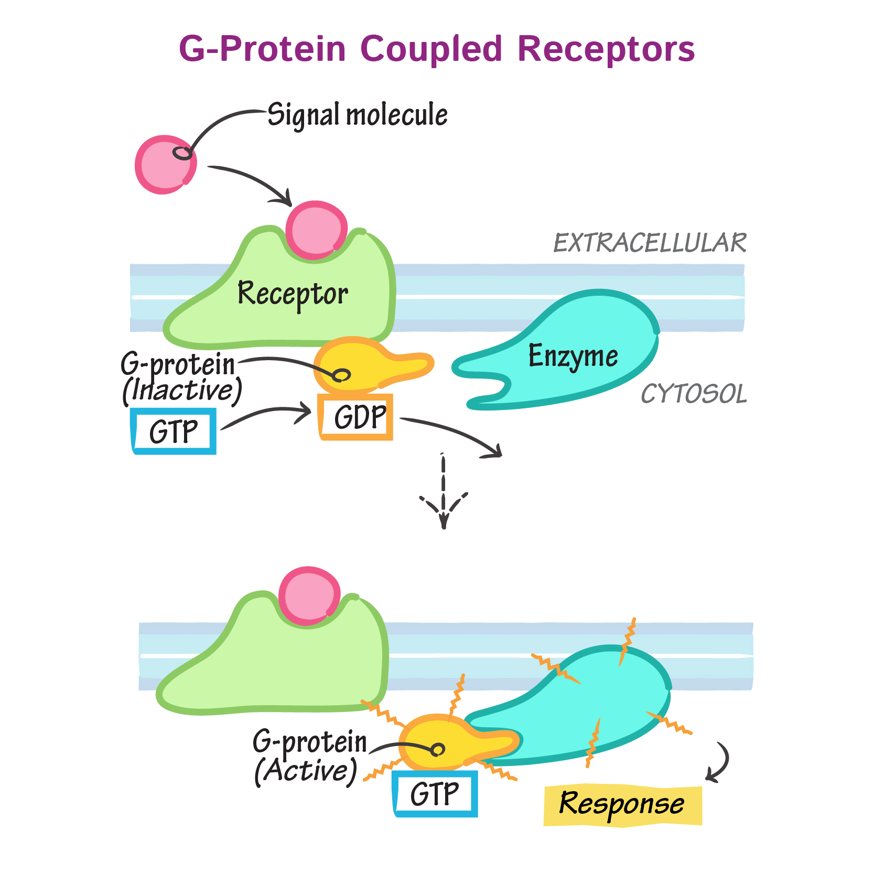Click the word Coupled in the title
(431, 49)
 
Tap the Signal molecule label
(358, 115)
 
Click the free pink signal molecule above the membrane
(165, 165)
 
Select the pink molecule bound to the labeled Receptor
(316, 230)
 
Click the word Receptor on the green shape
(293, 294)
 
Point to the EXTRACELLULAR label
(650, 243)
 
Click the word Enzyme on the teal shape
(573, 356)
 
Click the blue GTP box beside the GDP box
(173, 431)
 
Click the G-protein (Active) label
(309, 757)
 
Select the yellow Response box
(622, 805)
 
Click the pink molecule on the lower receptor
(309, 596)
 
